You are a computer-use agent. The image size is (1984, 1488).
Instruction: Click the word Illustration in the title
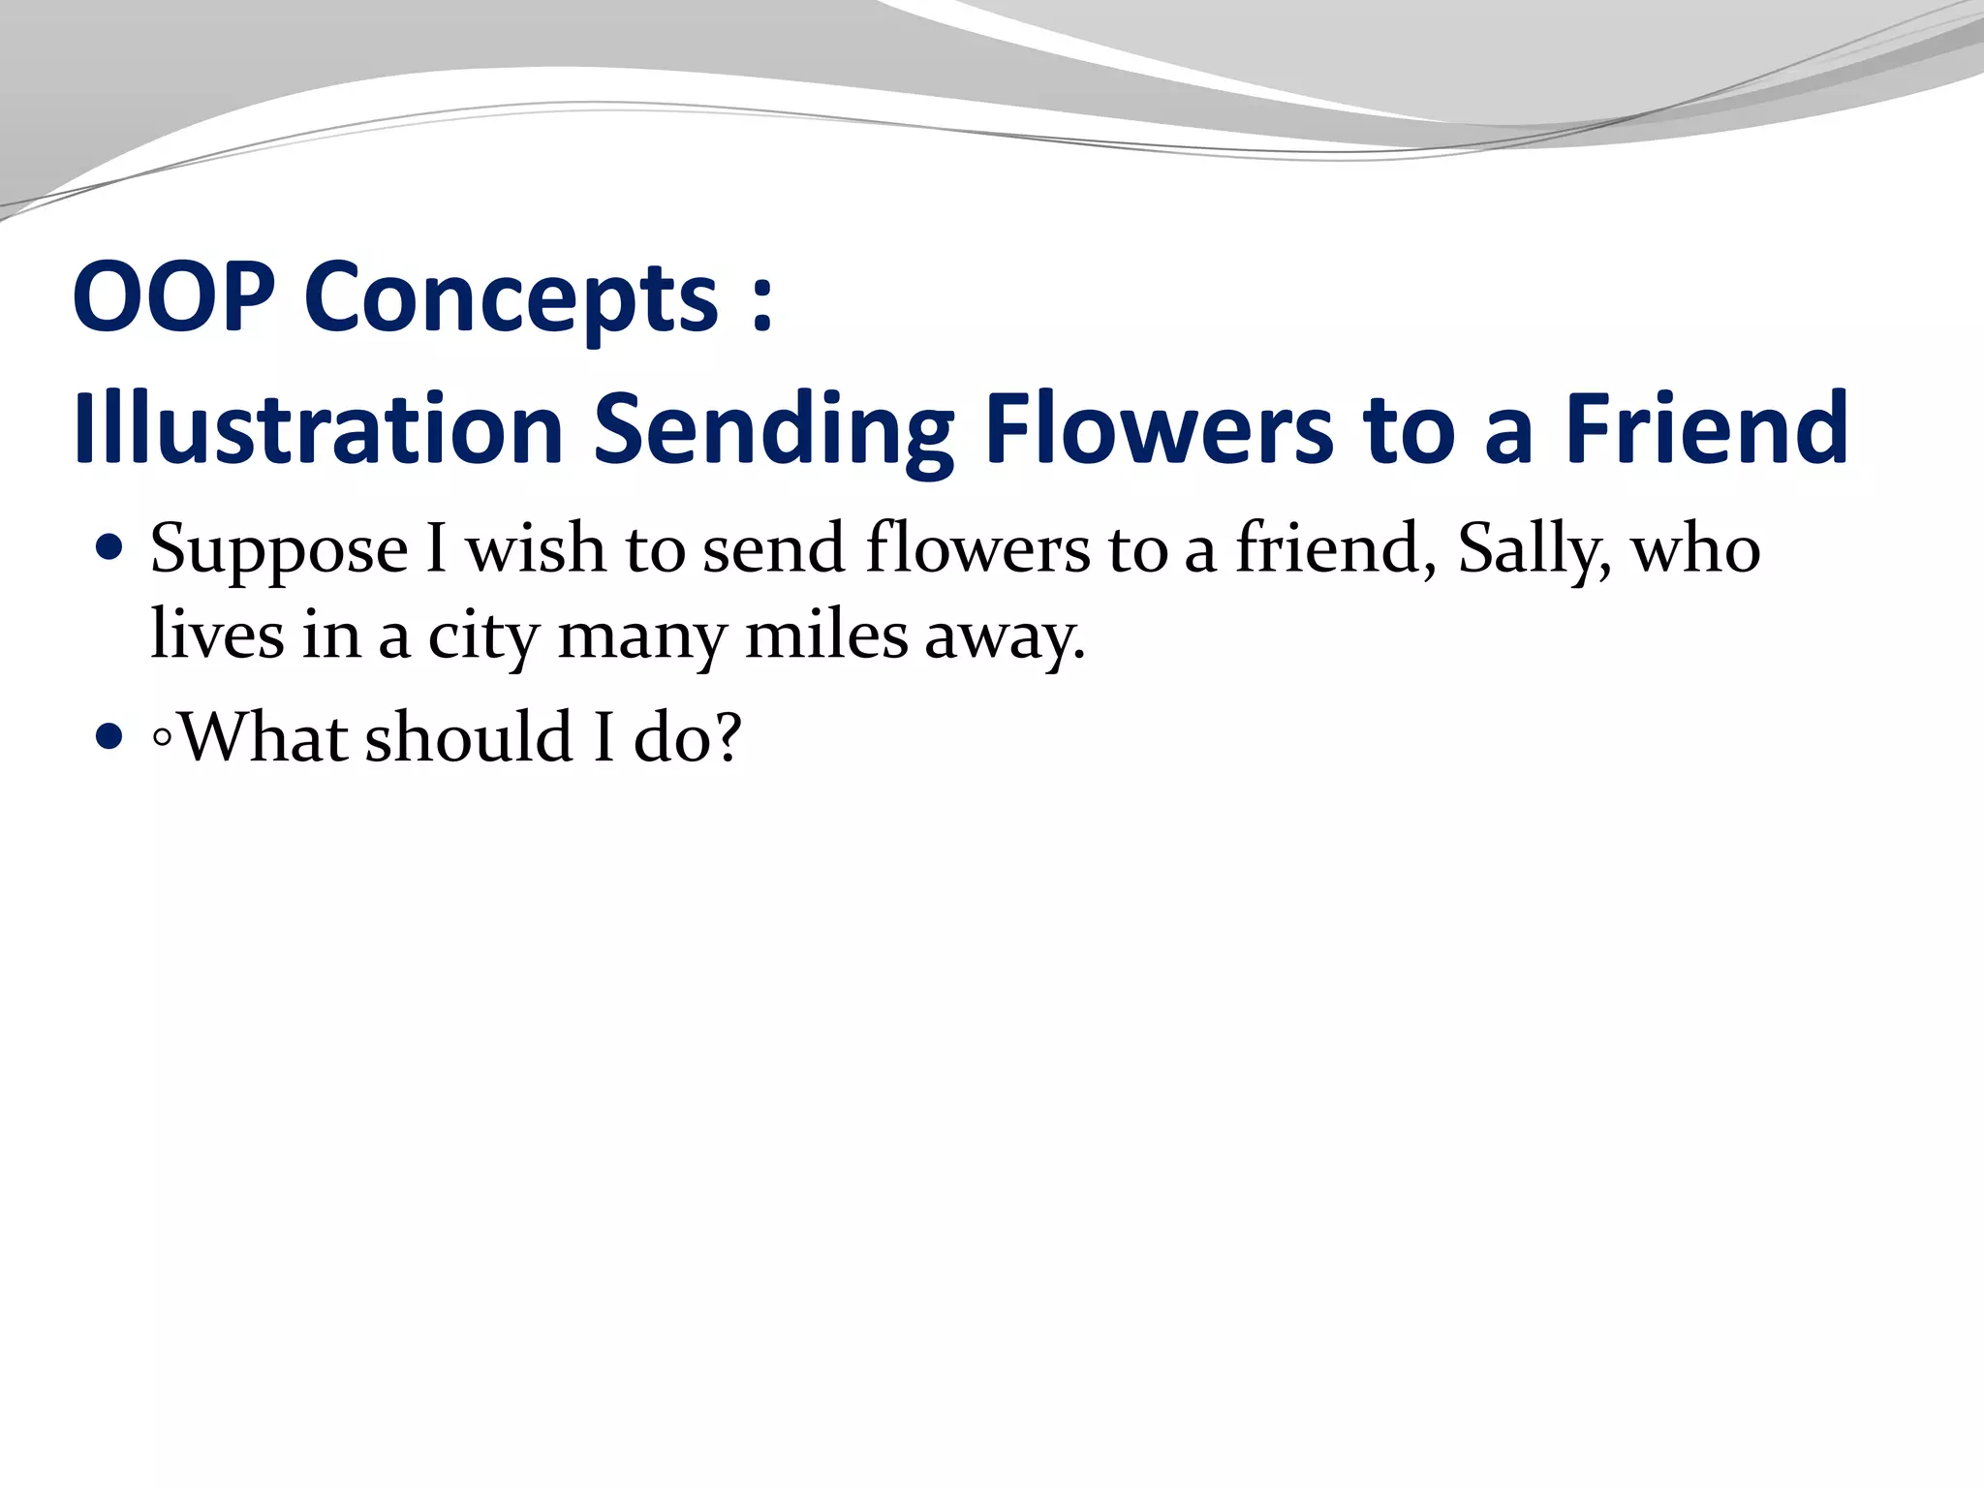(x=318, y=428)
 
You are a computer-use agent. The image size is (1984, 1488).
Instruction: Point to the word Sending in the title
(x=773, y=431)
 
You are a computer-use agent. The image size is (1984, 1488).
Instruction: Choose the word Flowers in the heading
(x=1158, y=428)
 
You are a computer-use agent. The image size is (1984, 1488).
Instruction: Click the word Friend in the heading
(x=1707, y=428)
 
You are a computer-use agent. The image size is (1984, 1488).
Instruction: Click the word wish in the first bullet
(x=536, y=548)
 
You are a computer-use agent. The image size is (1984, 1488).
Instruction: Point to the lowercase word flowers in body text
(x=977, y=548)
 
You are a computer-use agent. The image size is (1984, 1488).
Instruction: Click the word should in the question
(x=470, y=737)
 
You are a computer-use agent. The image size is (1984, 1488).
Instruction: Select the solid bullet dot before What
(x=110, y=738)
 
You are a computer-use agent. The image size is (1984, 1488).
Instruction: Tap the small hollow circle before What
(x=162, y=739)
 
